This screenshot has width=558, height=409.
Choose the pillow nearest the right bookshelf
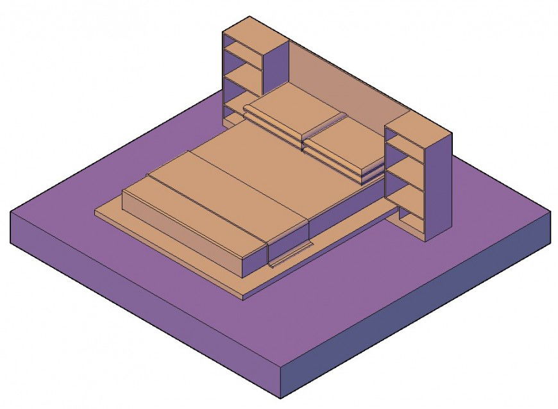tap(346, 144)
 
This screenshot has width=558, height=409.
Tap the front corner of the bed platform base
tap(243, 296)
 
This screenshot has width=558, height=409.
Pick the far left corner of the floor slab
tap(12, 212)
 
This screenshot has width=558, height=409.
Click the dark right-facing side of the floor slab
tap(417, 308)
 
